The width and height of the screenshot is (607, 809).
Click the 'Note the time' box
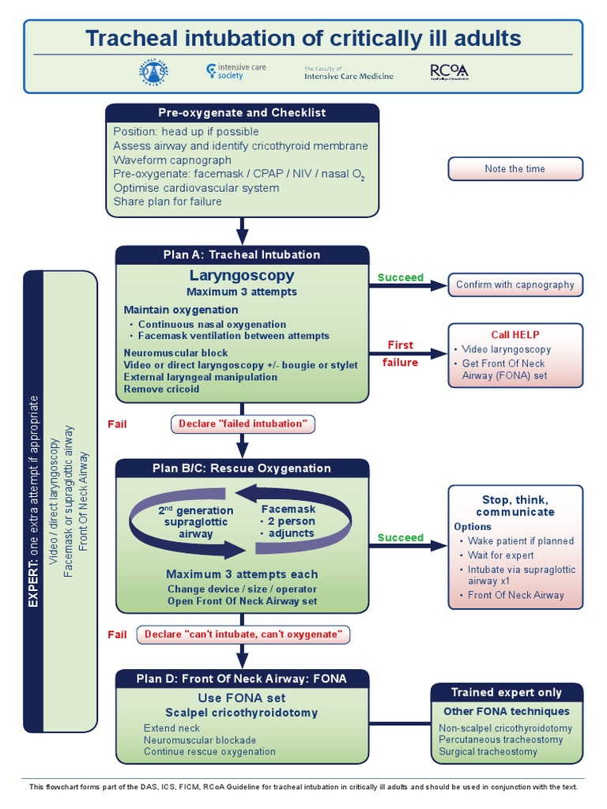pyautogui.click(x=515, y=169)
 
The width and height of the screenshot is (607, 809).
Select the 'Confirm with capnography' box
pyautogui.click(x=515, y=284)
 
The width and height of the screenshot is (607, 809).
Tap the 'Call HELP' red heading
pyautogui.click(x=515, y=335)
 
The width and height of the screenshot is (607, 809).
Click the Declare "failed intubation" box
pyautogui.click(x=243, y=424)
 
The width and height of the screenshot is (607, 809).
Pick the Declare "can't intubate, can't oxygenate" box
pyautogui.click(x=243, y=634)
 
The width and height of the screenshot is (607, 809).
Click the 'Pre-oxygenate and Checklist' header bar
pyautogui.click(x=242, y=113)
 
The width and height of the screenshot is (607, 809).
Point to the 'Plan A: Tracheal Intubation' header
pyautogui.click(x=242, y=254)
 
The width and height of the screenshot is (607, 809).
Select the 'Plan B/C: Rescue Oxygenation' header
pyautogui.click(x=242, y=468)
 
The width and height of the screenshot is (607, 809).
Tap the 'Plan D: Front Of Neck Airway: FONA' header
pyautogui.click(x=242, y=679)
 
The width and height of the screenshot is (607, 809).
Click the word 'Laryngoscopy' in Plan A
pyautogui.click(x=242, y=276)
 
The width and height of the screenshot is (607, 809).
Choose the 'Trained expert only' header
pyautogui.click(x=506, y=692)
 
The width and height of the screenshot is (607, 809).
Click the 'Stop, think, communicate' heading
pyautogui.click(x=515, y=506)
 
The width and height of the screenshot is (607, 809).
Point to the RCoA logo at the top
pyautogui.click(x=449, y=72)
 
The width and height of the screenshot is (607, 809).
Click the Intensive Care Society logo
pyautogui.click(x=235, y=72)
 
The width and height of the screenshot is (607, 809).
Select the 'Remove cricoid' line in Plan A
pyautogui.click(x=161, y=389)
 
